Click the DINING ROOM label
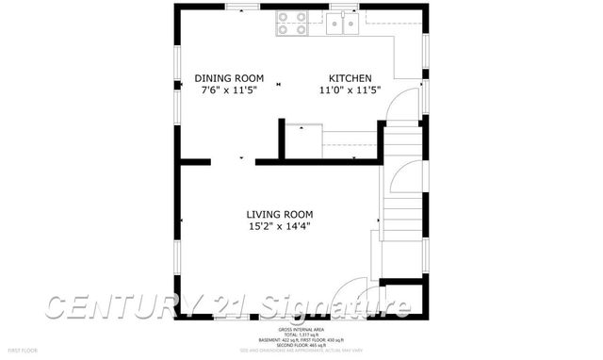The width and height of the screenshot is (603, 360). click(x=229, y=78)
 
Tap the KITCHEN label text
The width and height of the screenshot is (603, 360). click(x=350, y=78)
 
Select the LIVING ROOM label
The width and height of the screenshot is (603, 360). click(x=280, y=214)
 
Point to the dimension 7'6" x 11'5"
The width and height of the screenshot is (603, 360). click(x=229, y=91)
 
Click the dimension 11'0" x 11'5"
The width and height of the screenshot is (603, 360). click(x=350, y=91)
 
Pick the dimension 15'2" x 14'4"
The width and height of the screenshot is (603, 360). click(x=280, y=226)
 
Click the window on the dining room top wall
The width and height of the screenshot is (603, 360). click(x=243, y=7)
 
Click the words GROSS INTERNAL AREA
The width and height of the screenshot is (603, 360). click(x=301, y=329)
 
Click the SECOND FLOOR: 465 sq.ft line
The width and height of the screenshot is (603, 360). click(x=301, y=346)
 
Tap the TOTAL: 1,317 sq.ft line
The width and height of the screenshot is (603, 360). click(x=301, y=335)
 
